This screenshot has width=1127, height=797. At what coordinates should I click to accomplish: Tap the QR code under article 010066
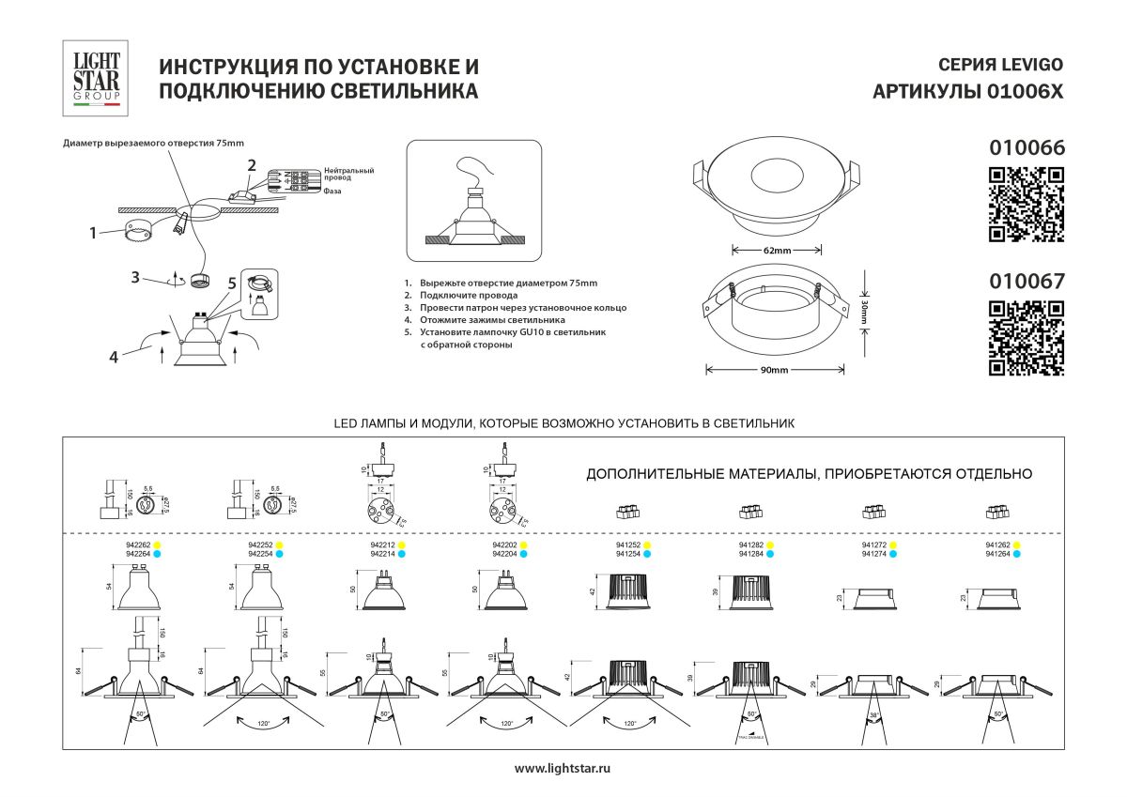point(1027,204)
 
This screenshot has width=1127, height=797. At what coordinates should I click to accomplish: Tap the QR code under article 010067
point(1027,338)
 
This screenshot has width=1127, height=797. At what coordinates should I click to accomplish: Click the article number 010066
point(1027,147)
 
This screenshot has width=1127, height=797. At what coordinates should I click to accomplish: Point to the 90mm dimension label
point(775,370)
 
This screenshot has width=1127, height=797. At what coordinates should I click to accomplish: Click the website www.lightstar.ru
point(563,769)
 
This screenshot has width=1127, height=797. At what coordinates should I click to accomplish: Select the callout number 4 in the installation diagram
point(114,356)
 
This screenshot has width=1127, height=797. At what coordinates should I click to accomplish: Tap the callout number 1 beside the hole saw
point(94,232)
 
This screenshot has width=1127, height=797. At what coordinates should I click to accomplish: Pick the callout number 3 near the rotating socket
point(136,277)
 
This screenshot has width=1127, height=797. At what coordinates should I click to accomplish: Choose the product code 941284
point(752,555)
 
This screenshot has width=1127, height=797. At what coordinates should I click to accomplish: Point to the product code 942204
point(505,555)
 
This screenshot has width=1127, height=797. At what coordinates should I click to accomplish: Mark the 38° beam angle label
point(875,714)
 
